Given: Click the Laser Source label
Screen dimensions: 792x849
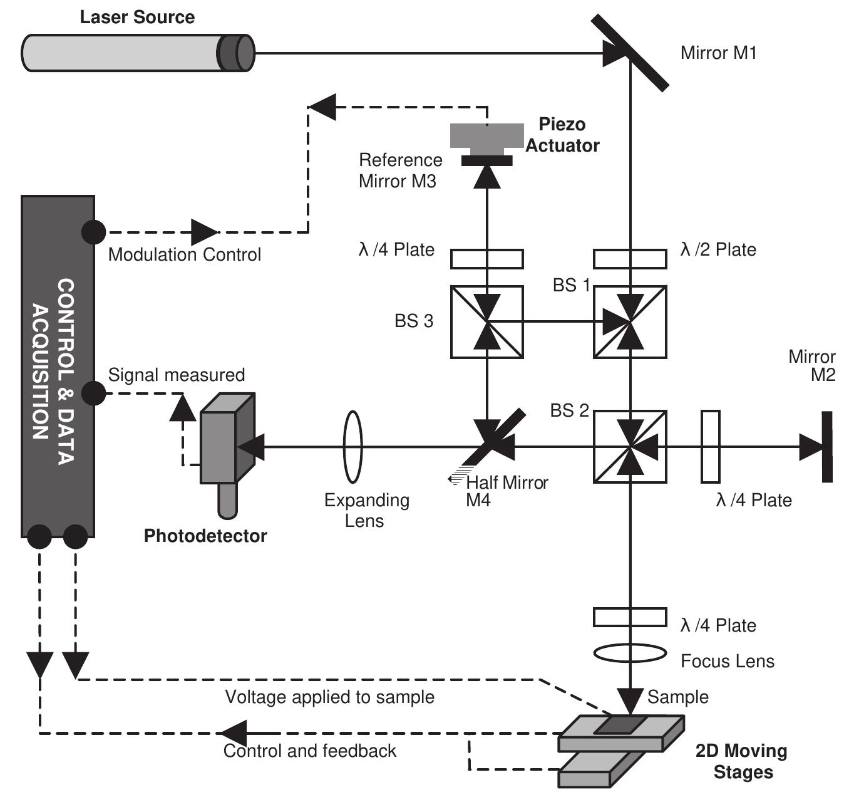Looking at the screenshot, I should coord(137,17).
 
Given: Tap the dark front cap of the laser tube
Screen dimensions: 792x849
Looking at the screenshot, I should coord(237,53).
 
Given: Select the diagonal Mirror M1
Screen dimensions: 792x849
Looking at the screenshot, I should coord(630,53).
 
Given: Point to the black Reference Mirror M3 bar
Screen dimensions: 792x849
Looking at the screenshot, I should coord(486,161).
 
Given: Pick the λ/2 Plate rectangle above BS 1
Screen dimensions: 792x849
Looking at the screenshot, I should coord(629,258).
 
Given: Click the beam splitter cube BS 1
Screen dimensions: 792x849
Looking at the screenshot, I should coord(629,321).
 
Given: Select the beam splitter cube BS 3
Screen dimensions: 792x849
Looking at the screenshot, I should coord(486,321).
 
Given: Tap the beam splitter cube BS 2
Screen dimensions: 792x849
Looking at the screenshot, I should coord(629,446).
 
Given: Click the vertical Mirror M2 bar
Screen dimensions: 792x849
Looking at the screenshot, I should coord(827,446).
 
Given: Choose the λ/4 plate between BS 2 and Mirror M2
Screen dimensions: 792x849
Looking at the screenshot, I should coord(710,446).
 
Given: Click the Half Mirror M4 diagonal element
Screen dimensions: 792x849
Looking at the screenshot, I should coord(495,439).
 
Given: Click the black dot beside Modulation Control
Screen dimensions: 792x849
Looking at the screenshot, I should coord(94,232).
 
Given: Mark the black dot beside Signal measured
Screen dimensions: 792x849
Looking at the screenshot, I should coord(94,393).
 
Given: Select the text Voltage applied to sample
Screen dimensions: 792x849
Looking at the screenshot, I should coord(329,697).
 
